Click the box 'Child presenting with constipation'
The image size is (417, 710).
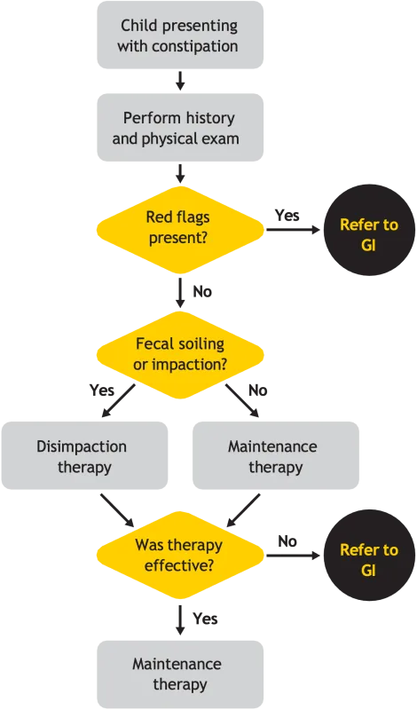click(180, 35)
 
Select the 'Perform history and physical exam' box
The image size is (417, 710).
click(180, 128)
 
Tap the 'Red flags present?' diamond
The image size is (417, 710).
click(180, 228)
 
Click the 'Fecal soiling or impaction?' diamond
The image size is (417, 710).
click(180, 353)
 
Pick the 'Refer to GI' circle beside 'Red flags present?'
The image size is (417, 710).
click(368, 234)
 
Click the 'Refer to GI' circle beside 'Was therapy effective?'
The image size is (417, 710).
click(368, 560)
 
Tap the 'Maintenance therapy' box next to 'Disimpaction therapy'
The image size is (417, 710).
click(276, 456)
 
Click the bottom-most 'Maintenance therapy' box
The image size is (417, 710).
click(180, 674)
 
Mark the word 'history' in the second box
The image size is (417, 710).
click(214, 117)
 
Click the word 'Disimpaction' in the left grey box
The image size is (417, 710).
click(82, 446)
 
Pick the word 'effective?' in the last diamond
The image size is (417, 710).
click(180, 564)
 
